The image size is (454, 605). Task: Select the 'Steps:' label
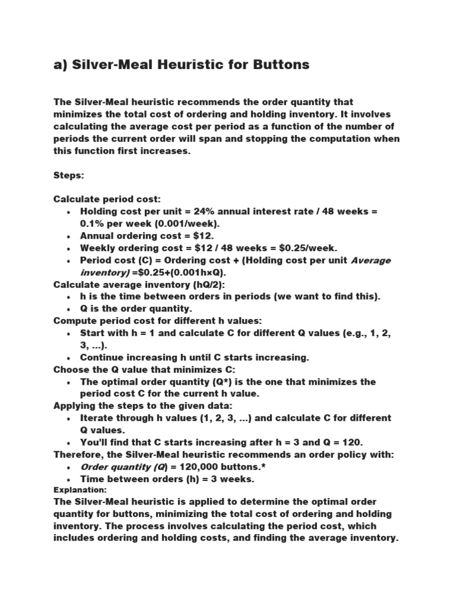pos(70,175)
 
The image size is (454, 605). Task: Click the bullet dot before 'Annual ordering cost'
pos(69,236)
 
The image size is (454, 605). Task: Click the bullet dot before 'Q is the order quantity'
pos(69,309)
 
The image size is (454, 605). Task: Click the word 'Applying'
pos(74,406)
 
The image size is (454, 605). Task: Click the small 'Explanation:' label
pos(80,490)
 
